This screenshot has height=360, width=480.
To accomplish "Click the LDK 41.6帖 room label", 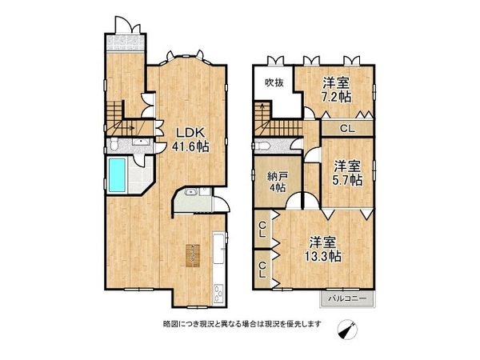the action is click(190, 139).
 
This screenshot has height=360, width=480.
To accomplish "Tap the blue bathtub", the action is click(117, 175).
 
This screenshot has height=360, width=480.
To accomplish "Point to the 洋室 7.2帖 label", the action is click(337, 90).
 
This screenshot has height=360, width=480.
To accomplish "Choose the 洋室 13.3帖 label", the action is click(323, 250).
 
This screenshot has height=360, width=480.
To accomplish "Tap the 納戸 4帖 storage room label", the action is click(278, 182).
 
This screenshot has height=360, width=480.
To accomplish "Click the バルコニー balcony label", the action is click(347, 298).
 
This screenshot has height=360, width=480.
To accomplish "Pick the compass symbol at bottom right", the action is click(347, 330).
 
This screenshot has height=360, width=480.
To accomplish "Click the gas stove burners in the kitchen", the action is click(219, 294).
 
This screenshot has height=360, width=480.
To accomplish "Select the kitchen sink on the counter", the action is click(218, 249).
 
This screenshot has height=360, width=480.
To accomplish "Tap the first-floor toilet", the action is click(114, 144).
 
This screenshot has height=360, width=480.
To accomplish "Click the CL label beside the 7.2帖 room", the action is click(347, 129).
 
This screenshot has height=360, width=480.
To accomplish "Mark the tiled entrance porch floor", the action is click(125, 43).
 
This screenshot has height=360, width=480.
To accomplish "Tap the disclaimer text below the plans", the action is click(242, 323).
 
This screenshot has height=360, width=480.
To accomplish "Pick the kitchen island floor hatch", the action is click(192, 256).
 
